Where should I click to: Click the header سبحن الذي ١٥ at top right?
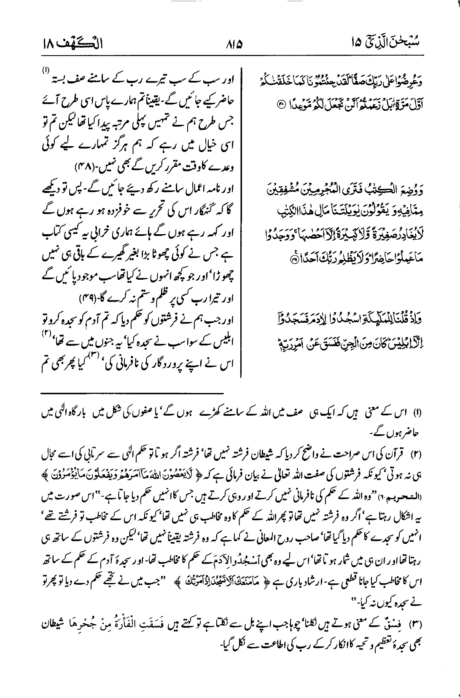(x=392, y=43)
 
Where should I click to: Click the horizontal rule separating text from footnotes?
(x=132, y=393)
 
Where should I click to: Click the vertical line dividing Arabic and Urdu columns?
(x=242, y=211)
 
